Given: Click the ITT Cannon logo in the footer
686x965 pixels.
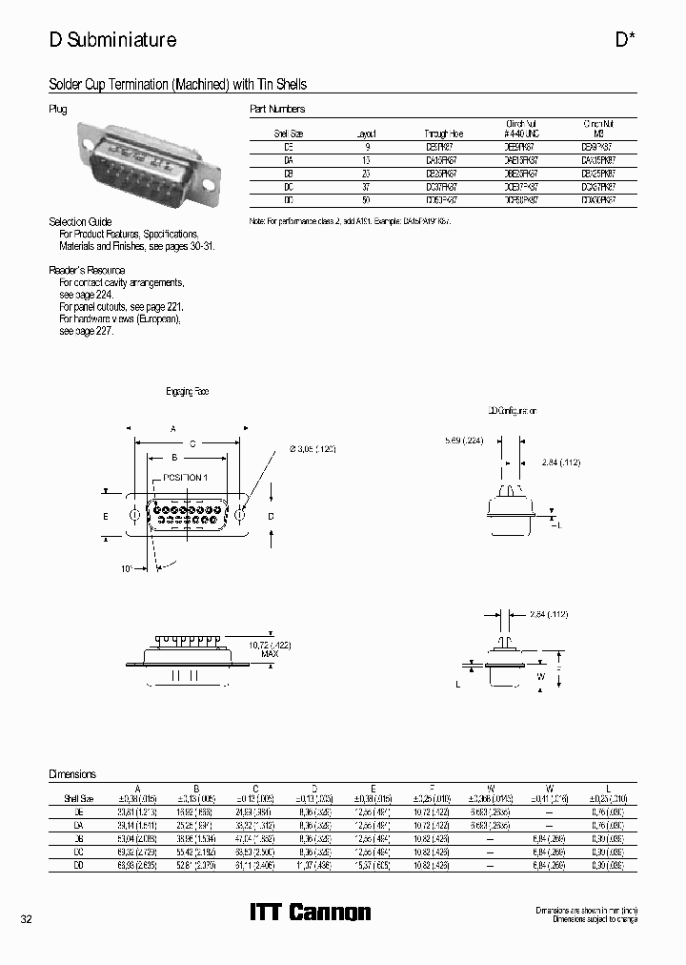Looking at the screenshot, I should point(310,913).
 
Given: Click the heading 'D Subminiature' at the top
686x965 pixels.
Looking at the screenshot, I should point(112,40).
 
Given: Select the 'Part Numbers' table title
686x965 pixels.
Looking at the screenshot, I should point(277,110).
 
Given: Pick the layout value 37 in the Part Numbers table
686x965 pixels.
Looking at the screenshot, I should point(366,188).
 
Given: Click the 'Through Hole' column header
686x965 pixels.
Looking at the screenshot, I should point(440,134).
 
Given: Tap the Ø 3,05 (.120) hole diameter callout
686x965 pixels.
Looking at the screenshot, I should point(306,448).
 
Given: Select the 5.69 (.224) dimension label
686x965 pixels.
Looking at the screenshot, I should point(464,441).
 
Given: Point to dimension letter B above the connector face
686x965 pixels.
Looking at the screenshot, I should point(174,458).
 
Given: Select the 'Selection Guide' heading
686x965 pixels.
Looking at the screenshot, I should point(80,221).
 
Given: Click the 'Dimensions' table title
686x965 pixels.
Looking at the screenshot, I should point(72,774).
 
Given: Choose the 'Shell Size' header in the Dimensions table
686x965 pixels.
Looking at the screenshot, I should point(79,797).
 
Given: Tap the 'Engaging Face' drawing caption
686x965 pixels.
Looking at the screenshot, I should point(188,392).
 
